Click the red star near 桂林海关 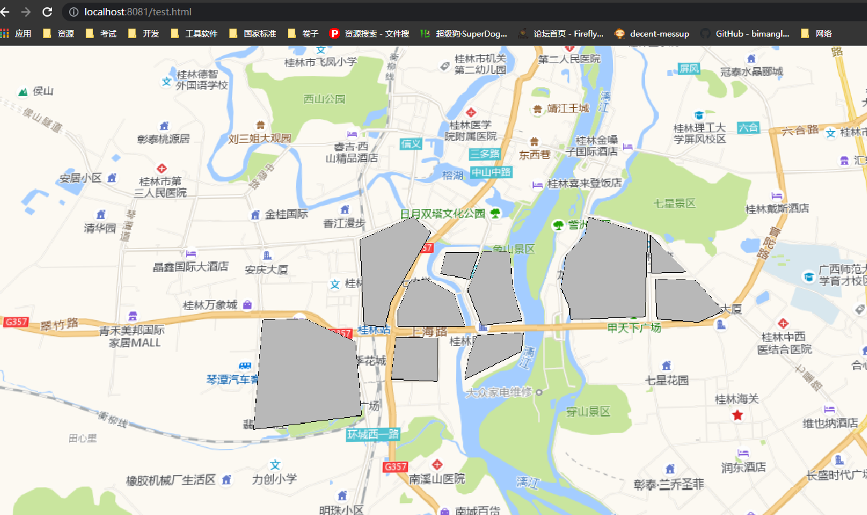click(x=737, y=415)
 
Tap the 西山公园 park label click(x=324, y=99)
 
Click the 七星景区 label click(x=674, y=203)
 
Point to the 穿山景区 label click(x=588, y=412)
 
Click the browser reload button click(x=47, y=12)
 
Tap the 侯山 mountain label click(x=43, y=91)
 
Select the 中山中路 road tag click(x=491, y=172)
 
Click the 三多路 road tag click(x=483, y=154)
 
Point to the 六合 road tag click(x=748, y=127)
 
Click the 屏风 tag click(x=689, y=68)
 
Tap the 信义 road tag click(x=411, y=143)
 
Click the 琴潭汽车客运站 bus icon click(x=245, y=366)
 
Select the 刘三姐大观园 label click(x=259, y=138)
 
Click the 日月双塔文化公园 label click(x=443, y=214)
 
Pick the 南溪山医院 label click(x=437, y=478)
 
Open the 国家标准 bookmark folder click(x=253, y=33)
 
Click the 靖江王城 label click(x=568, y=108)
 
